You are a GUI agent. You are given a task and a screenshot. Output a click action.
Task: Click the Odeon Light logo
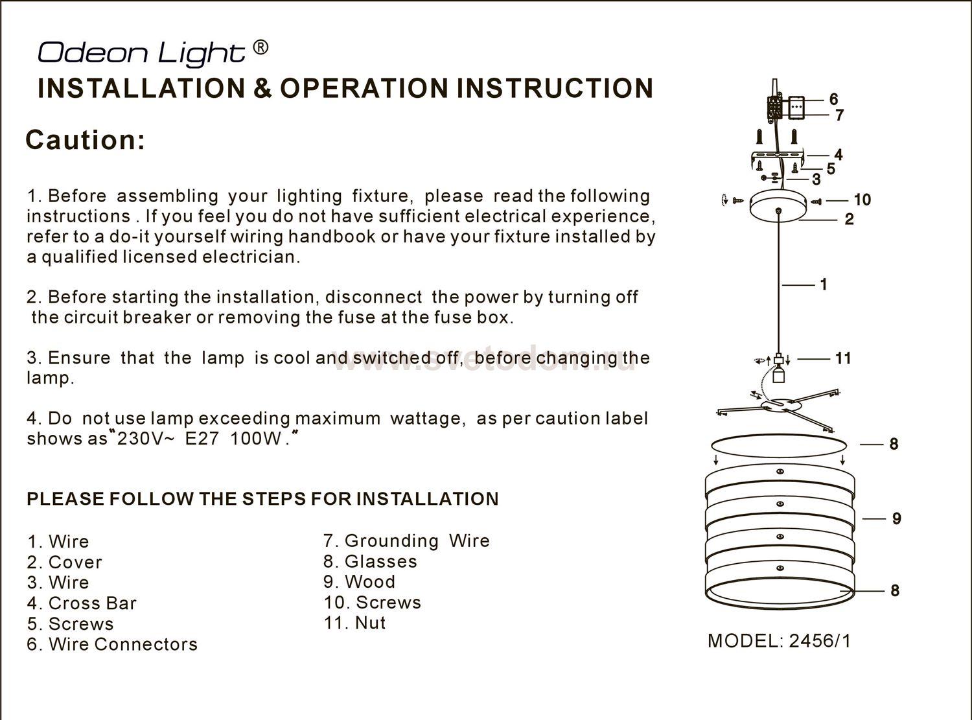(141, 52)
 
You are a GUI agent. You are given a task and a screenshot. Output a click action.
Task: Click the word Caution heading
(85, 140)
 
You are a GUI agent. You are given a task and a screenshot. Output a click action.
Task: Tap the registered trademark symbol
(259, 47)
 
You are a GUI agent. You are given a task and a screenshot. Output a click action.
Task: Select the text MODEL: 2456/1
(779, 641)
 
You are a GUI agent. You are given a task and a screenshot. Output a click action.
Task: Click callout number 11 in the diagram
(843, 358)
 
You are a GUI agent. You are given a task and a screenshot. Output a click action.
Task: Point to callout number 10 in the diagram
(862, 200)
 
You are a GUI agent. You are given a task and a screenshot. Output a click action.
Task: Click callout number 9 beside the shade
(896, 518)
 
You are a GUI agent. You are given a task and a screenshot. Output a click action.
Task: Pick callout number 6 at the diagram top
(834, 99)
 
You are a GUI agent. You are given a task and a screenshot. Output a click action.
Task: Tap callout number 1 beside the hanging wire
(824, 285)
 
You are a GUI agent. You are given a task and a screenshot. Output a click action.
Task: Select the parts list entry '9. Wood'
(360, 582)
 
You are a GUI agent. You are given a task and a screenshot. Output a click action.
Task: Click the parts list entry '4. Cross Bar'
(82, 603)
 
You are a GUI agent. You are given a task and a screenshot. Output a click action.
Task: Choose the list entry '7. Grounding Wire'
(406, 540)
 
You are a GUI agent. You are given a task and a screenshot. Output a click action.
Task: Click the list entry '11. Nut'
(354, 623)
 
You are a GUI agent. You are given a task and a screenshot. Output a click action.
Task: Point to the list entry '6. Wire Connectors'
(112, 644)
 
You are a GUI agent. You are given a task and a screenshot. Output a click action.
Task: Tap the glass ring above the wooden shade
(778, 447)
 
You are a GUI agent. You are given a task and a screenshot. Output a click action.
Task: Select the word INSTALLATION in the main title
(141, 89)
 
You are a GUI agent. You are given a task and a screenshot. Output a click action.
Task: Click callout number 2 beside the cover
(849, 220)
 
